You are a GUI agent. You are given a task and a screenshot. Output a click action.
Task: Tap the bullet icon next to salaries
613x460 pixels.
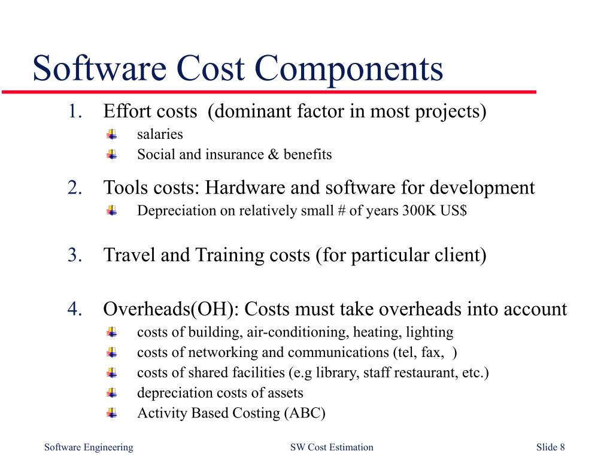(x=112, y=135)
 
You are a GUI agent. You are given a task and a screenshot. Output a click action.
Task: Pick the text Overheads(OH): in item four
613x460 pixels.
(x=171, y=309)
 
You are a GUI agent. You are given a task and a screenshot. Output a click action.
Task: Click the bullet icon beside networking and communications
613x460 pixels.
(x=112, y=353)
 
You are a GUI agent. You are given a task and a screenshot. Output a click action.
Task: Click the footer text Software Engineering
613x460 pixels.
(x=89, y=447)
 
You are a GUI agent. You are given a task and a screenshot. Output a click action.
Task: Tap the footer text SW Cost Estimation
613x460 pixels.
(x=331, y=447)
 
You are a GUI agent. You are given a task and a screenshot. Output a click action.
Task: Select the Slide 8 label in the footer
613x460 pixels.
(x=550, y=447)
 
